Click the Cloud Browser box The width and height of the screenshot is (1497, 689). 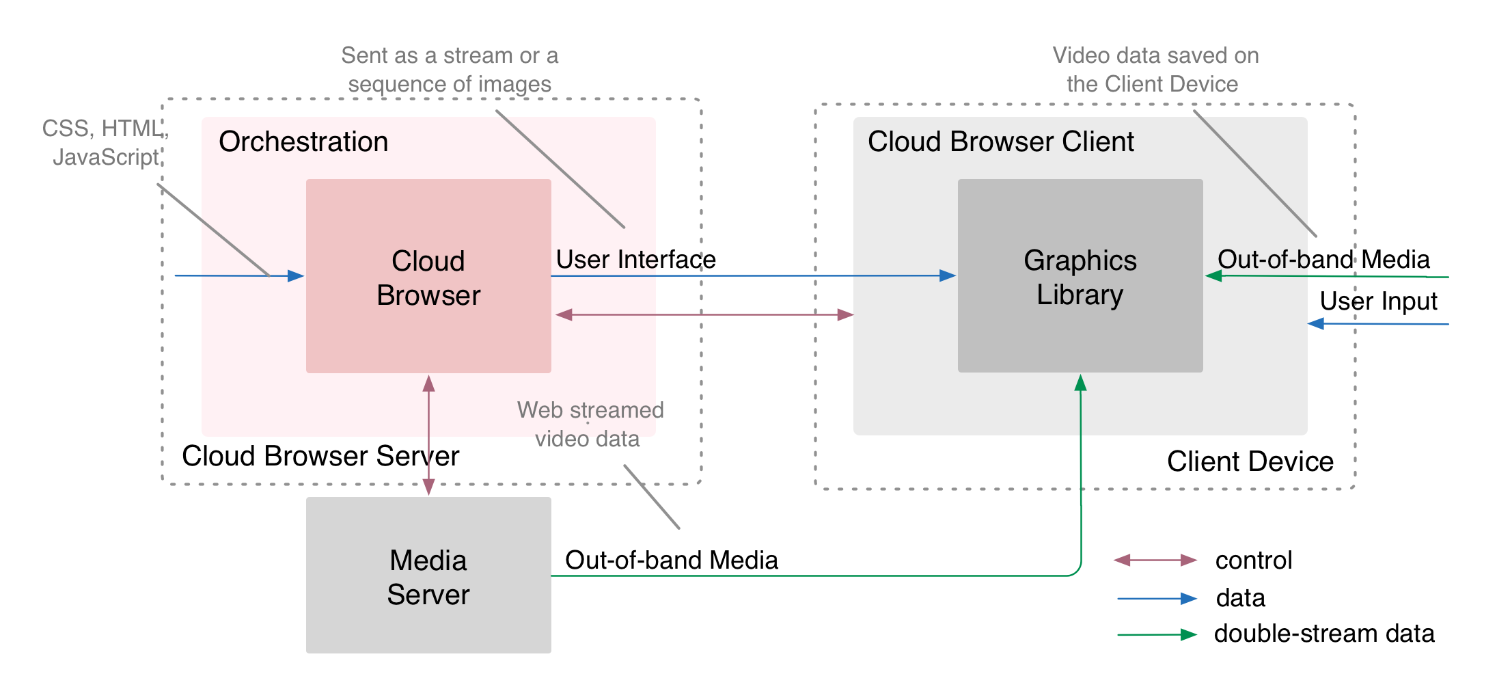(x=428, y=277)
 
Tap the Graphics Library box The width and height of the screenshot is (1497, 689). (x=1080, y=277)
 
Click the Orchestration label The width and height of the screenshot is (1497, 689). (x=303, y=142)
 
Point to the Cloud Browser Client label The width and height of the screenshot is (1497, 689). (x=1000, y=142)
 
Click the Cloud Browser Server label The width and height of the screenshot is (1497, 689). (x=320, y=456)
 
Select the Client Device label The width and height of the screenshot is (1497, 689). (x=1250, y=461)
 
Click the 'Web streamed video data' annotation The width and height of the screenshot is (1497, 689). (x=590, y=424)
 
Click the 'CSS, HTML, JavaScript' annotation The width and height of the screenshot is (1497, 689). (x=105, y=142)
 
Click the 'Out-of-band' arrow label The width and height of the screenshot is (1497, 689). (x=1285, y=260)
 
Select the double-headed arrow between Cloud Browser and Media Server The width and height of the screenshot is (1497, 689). (x=428, y=435)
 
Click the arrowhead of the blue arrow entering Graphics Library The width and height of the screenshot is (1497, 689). (x=948, y=275)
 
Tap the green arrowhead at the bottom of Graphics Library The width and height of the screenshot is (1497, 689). (x=1080, y=383)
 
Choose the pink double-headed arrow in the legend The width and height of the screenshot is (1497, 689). (x=1155, y=560)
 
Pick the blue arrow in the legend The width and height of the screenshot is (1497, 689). (x=1157, y=599)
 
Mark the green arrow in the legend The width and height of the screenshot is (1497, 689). (x=1157, y=635)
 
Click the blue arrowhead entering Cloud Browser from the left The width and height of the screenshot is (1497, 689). (x=296, y=275)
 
